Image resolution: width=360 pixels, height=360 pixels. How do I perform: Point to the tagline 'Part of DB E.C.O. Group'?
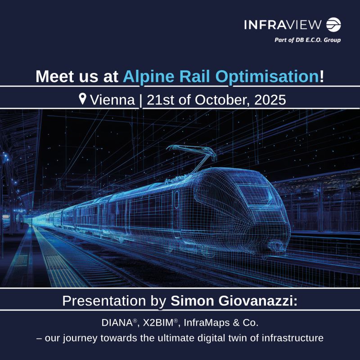(307, 40)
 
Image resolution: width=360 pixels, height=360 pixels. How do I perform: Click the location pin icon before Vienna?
(83, 99)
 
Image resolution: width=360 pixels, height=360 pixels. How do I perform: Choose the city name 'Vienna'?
(112, 100)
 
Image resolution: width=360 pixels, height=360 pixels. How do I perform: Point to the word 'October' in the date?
(223, 100)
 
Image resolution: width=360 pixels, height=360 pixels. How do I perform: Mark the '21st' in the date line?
(162, 100)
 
